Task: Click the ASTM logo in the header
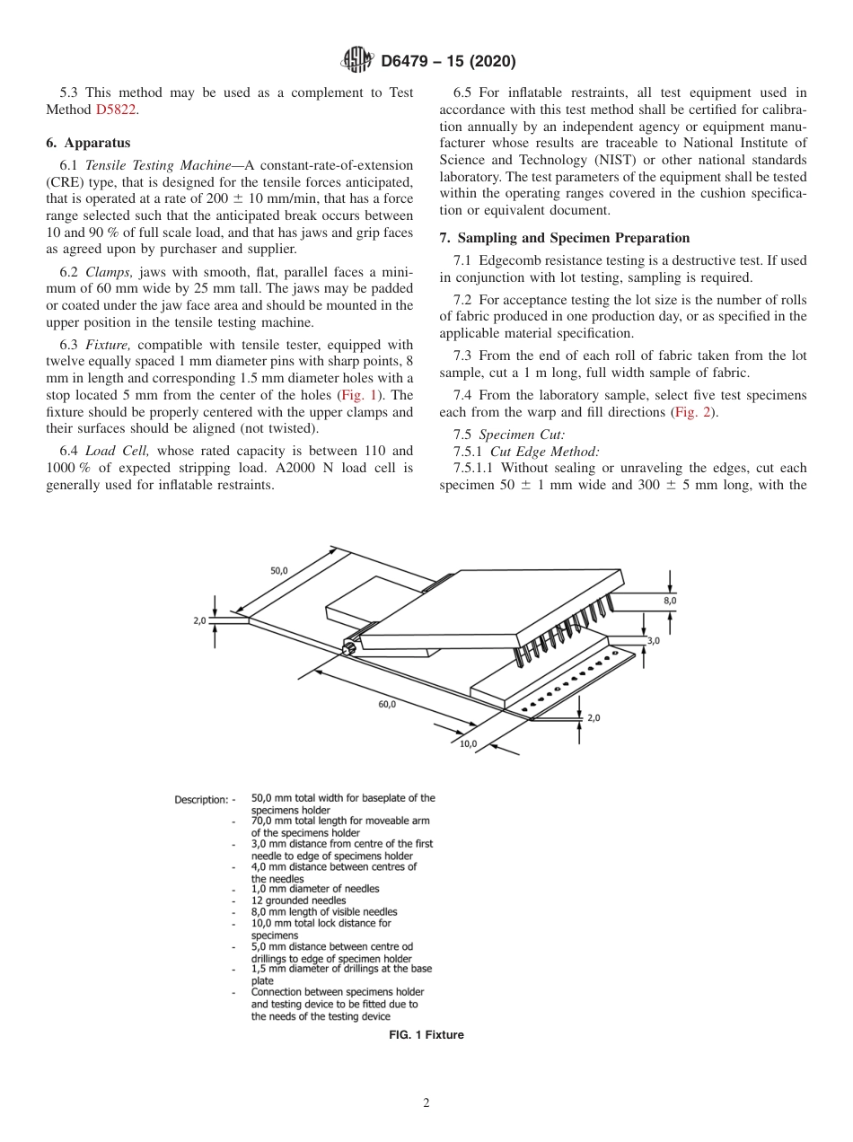pos(357,61)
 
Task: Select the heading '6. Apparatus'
pos(88,143)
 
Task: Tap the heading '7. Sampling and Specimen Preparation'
pos(565,238)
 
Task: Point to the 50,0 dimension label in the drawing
pos(279,570)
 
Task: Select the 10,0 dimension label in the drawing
pos(468,743)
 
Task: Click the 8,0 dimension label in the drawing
pos(670,600)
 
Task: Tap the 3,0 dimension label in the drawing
pos(654,640)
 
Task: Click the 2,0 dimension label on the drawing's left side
pos(199,619)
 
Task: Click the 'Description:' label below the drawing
pos(201,798)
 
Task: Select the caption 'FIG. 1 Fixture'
pos(426,1035)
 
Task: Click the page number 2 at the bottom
pos(426,1103)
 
